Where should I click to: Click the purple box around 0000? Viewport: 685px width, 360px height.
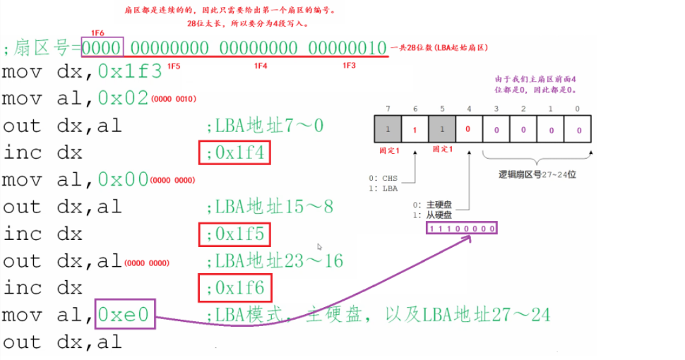coord(102,48)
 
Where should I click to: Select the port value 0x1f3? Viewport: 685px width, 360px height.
coord(130,71)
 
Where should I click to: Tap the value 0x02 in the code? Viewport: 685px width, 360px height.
coord(124,99)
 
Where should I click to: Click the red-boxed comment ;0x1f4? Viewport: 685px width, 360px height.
coord(235,152)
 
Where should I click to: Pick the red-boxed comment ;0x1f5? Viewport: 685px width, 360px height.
coord(235,234)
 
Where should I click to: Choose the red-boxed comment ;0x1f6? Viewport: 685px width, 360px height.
coord(235,288)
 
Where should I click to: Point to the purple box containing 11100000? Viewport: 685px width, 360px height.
coord(462,229)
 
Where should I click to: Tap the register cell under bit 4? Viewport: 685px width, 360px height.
coord(469,131)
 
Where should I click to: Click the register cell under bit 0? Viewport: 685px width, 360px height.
coord(578,131)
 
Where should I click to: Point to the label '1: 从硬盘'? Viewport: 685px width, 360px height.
coord(432,215)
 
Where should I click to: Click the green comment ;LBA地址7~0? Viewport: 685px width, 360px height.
coord(264,126)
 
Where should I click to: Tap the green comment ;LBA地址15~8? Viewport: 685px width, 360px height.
coord(269,207)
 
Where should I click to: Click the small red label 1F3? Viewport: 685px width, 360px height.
coord(349,66)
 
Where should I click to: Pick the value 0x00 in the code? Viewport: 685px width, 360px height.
coord(124,180)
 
